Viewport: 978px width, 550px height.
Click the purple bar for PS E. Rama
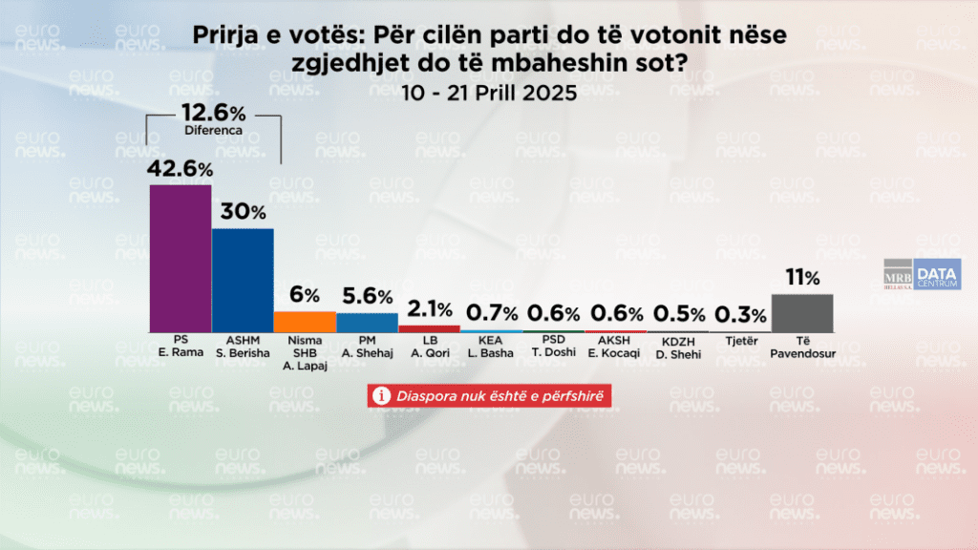181,258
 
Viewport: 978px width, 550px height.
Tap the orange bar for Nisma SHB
305,322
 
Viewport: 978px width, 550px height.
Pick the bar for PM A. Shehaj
367,322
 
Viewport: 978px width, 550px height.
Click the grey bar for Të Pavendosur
801,312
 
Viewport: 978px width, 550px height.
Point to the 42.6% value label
180,168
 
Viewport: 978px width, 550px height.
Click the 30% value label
243,212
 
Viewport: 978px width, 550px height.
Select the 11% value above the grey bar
801,278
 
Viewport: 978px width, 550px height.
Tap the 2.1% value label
429,308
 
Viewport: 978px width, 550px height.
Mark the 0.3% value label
739,314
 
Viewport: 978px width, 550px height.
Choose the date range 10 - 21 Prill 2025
489,94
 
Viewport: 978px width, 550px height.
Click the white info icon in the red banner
381,395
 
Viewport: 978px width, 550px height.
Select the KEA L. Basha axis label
491,346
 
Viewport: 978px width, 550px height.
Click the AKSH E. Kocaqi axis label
615,346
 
